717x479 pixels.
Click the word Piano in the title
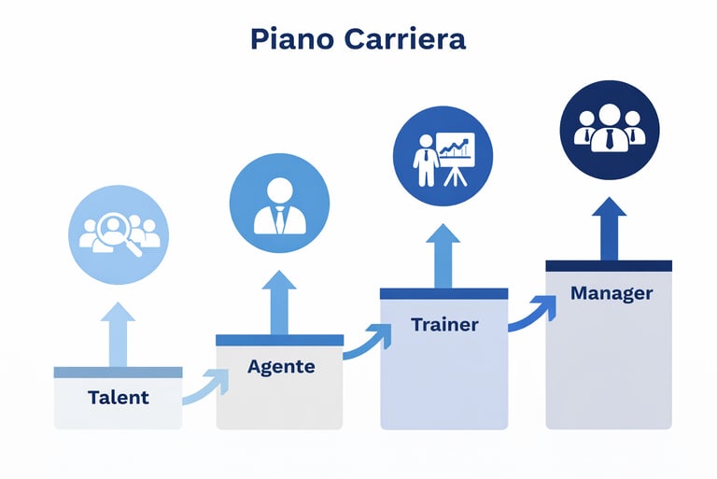(x=290, y=40)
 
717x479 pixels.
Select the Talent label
(x=119, y=397)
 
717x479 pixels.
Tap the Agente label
(x=281, y=367)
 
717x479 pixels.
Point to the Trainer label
(x=444, y=325)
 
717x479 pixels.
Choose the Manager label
(x=612, y=293)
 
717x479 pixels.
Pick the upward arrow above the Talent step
(x=118, y=333)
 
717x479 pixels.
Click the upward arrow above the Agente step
(x=279, y=301)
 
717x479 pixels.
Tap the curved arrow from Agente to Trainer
(x=367, y=341)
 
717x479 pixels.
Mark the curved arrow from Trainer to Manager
(x=532, y=313)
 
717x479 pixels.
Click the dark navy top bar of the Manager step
(x=609, y=266)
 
